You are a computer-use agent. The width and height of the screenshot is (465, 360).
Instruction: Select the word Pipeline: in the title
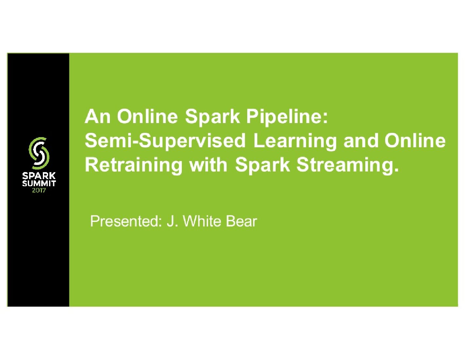click(x=287, y=117)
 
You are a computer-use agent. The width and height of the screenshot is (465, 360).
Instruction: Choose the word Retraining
click(x=133, y=165)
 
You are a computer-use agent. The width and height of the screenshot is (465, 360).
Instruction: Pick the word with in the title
click(x=208, y=164)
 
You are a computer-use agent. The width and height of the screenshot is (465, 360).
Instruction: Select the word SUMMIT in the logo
click(x=39, y=183)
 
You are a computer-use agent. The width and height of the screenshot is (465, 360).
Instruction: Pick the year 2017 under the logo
click(x=39, y=190)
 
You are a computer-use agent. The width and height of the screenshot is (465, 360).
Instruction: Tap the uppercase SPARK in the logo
click(x=39, y=176)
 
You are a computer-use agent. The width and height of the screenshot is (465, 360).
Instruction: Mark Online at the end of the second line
click(x=415, y=141)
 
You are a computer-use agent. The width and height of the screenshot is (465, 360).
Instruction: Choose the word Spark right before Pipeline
click(x=213, y=117)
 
